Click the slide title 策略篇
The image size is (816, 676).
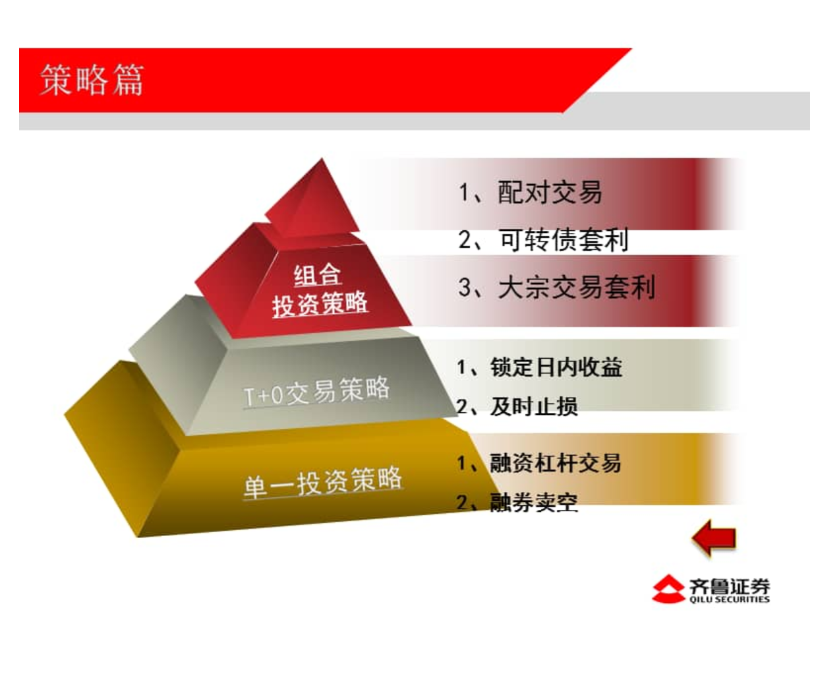coord(92,80)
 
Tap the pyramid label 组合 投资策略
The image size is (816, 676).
coord(320,290)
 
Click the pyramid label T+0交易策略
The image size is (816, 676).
coord(316,392)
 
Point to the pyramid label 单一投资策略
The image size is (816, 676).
coord(323,483)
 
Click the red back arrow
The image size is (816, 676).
coord(714,538)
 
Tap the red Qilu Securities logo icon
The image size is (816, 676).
coord(668,589)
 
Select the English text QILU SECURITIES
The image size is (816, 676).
coord(729,599)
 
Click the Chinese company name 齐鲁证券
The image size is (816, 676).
coord(729,586)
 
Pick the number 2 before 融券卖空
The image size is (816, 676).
coord(462,503)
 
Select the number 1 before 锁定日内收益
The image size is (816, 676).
coord(462,367)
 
